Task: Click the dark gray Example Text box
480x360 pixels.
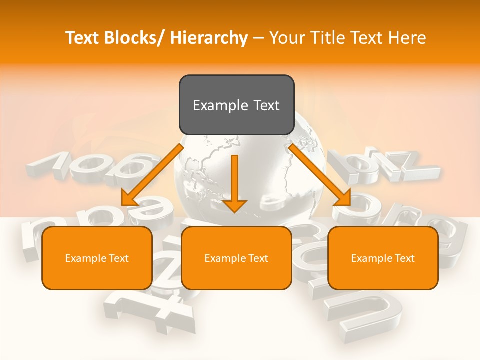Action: (236, 105)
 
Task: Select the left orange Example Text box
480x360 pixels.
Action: (97, 258)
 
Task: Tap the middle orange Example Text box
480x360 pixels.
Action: (236, 258)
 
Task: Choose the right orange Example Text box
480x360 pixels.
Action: (383, 258)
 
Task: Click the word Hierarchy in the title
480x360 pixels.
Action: (209, 38)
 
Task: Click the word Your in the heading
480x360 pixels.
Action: (286, 38)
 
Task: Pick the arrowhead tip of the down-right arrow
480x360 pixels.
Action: (350, 205)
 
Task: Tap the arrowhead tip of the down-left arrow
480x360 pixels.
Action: (122, 205)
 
